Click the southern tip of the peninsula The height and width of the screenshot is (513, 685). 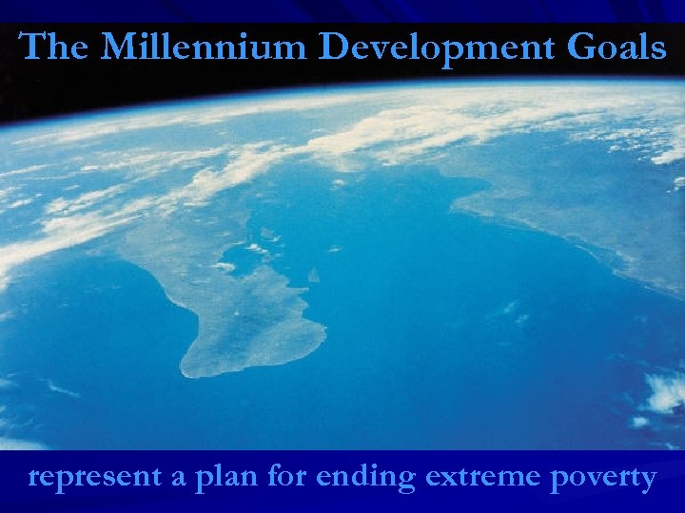195,371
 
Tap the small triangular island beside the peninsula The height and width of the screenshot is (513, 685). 313,275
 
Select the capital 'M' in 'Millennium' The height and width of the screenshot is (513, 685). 119,47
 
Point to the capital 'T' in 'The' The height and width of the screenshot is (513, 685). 33,47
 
